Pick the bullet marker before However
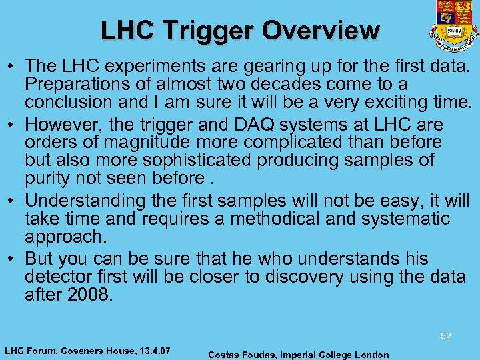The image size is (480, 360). point(14,125)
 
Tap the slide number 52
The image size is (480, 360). point(446,336)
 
